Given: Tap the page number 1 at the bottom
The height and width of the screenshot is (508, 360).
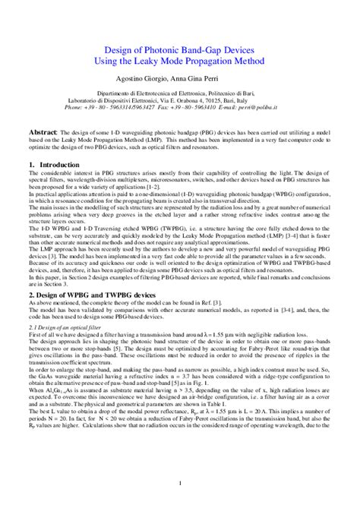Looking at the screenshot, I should (x=179, y=484).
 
